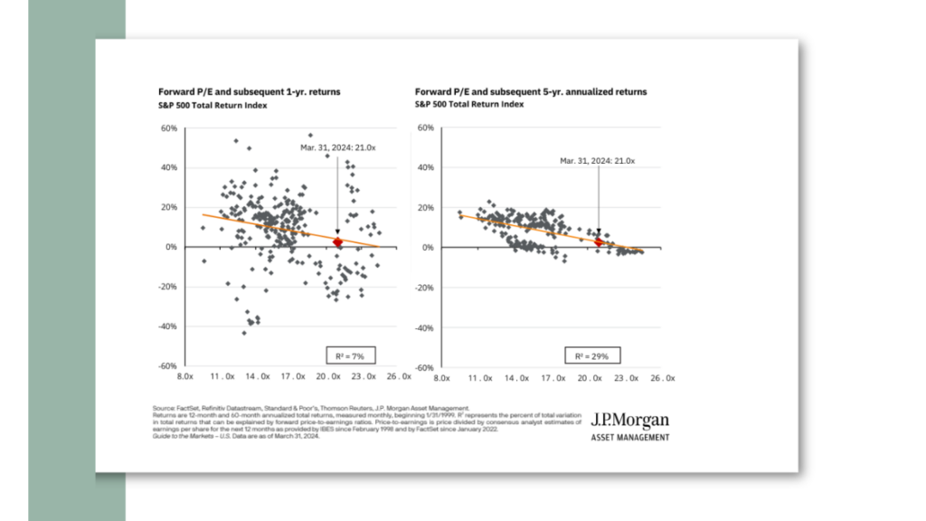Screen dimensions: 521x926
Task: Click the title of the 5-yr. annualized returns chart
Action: (531, 92)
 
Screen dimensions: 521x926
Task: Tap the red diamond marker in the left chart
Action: (338, 242)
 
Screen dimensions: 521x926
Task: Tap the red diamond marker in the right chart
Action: (599, 242)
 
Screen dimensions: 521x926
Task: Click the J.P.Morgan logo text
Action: (630, 421)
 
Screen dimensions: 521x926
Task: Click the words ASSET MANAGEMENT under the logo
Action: (630, 438)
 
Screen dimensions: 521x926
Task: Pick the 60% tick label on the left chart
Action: (169, 128)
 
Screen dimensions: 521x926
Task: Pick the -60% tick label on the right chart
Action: (425, 366)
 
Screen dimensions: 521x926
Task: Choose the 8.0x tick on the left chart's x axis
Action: (186, 375)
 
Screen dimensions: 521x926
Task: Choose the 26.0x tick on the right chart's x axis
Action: (662, 375)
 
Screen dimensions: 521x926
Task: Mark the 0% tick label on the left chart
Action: (172, 247)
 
